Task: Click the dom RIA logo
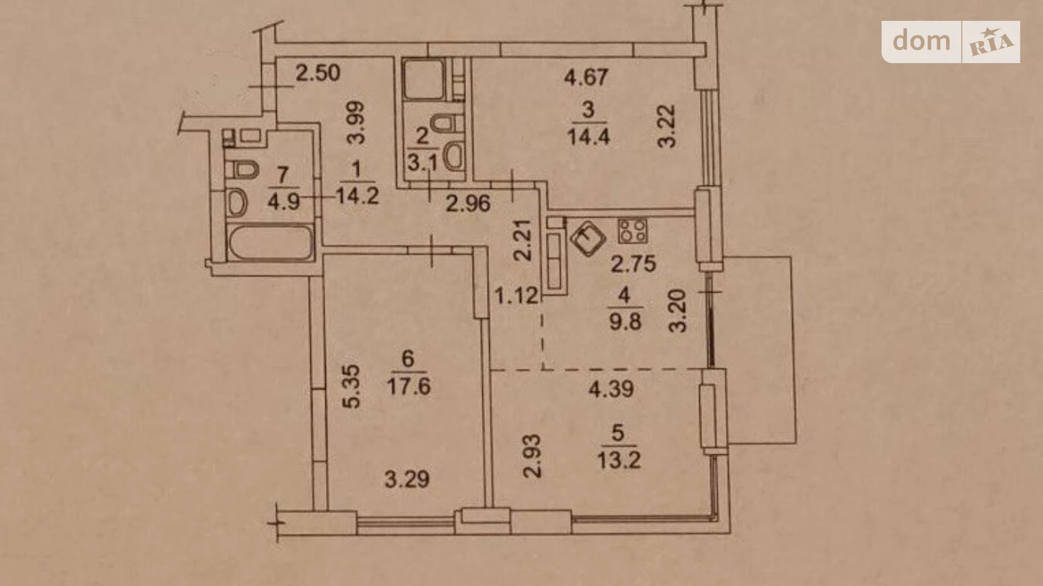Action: (x=951, y=42)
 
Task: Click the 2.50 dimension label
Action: (x=318, y=73)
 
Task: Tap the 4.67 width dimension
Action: (x=586, y=77)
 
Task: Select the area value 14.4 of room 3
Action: (x=588, y=137)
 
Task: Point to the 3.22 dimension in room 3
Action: (x=668, y=126)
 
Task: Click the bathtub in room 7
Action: (x=269, y=243)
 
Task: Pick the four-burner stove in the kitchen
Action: (x=633, y=230)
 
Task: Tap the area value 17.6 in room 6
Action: (x=409, y=387)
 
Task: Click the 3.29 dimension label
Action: (x=406, y=480)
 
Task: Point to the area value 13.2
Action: (x=618, y=461)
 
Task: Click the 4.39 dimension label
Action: (x=611, y=389)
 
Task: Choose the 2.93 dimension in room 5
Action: (x=532, y=455)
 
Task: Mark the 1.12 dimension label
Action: (x=516, y=295)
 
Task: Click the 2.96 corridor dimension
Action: (x=468, y=203)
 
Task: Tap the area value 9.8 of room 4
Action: (x=625, y=323)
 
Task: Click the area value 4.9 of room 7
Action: (x=283, y=201)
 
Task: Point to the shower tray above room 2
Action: (x=423, y=78)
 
